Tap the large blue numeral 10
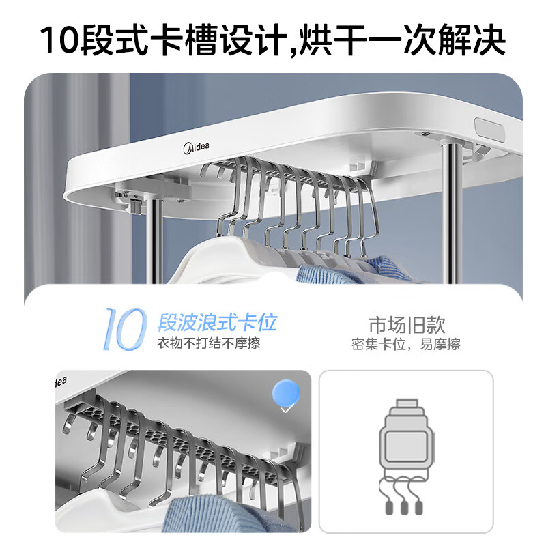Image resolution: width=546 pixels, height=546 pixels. click(x=125, y=328)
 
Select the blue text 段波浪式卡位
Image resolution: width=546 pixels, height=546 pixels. click(x=217, y=321)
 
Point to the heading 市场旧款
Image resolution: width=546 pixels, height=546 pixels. click(x=405, y=324)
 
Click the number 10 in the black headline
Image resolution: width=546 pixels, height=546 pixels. click(x=60, y=40)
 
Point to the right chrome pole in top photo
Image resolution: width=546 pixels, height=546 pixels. click(x=451, y=212)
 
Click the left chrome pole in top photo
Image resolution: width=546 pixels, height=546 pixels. click(x=155, y=232)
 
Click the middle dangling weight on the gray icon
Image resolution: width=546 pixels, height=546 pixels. click(x=405, y=508)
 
